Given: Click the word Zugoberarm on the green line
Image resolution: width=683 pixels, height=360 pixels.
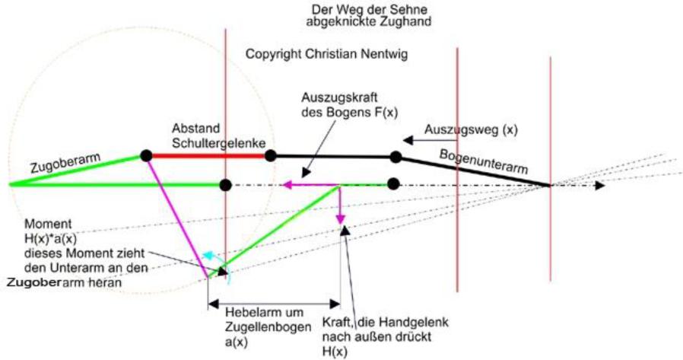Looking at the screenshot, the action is pos(65,163).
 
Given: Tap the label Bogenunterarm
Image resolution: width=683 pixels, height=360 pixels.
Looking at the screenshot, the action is pos(484,161).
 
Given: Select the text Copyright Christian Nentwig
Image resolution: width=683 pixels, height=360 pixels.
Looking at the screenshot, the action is pos(327,54).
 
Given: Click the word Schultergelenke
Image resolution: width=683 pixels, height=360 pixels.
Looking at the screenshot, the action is pos(218,143).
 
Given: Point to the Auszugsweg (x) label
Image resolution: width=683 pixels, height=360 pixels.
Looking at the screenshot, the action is pos(471,130).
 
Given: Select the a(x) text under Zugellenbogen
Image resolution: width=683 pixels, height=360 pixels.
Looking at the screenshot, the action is pos(237,342).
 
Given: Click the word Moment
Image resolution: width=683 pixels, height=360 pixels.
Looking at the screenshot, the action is pos(48,224).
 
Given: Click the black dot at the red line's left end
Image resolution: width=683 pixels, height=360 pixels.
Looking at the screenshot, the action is pos(146,155).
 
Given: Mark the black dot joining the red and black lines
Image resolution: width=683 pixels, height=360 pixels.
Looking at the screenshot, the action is pos(271,155).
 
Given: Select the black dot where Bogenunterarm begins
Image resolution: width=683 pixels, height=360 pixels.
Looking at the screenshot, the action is pos(396,157).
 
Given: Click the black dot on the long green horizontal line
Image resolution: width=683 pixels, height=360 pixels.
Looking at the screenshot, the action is pos(225,185).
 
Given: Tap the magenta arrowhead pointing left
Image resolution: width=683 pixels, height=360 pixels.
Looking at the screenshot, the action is pos(287,185).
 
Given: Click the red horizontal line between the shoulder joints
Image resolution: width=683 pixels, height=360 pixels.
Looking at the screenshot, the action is pos(208,155).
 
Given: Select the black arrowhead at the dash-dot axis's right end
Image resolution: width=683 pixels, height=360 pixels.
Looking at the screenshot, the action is pos(600,186).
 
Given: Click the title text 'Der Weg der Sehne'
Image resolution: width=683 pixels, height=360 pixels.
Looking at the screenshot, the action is pos(370,9).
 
